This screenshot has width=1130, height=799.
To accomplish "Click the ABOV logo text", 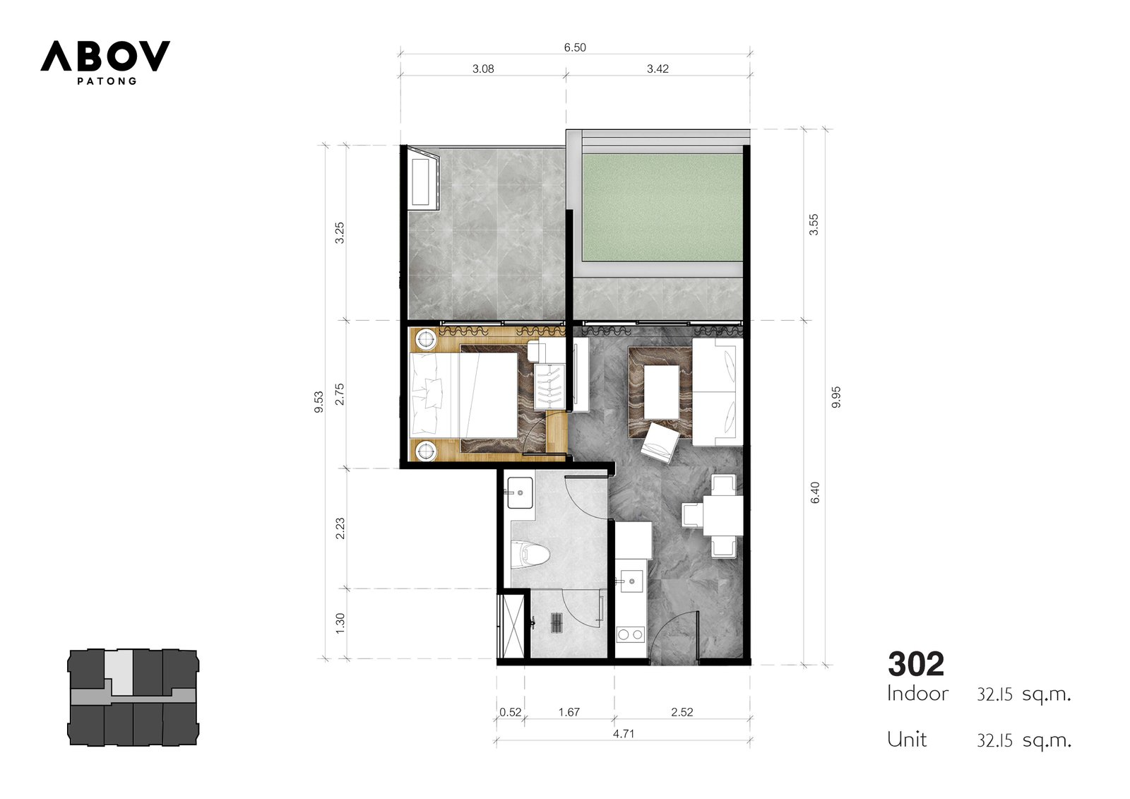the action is point(105,56).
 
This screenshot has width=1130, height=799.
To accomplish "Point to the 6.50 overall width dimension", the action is point(575,47).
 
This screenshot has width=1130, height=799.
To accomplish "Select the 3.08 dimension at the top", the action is point(483,69).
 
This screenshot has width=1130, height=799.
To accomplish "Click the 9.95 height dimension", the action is point(836,397).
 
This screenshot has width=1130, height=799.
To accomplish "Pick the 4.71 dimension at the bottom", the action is point(623,733).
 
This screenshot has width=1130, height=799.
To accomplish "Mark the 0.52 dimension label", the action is point(510,712).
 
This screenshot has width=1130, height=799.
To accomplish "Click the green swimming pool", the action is point(662,208).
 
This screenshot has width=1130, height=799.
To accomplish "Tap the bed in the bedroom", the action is point(463,394).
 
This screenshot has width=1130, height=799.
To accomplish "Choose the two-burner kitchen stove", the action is point(631,634).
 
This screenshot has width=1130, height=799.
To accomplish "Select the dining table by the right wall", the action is point(723,515).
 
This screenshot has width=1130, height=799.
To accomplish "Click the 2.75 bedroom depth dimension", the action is point(340,394).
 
